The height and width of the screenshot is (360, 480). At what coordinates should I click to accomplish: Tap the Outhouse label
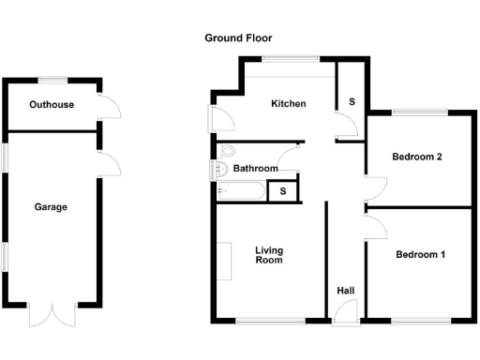point(52,104)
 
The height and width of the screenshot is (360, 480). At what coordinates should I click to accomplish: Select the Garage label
point(51,207)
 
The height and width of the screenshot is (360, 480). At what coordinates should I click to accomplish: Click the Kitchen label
point(289,103)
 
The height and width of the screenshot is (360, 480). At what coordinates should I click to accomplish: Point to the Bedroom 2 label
point(417,157)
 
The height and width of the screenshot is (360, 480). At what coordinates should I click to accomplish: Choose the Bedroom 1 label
point(420,254)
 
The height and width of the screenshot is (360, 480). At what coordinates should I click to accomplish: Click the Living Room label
point(270,255)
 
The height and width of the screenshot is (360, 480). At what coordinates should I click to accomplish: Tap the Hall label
point(346,292)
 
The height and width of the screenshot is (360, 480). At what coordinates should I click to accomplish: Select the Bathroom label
point(256,169)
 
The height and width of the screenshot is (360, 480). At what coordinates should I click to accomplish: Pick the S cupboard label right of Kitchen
point(352,100)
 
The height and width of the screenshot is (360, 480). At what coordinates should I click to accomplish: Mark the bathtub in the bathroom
point(240,191)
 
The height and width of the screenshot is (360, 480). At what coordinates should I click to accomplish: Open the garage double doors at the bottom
point(51,314)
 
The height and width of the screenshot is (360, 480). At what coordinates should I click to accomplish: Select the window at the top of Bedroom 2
point(418,113)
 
